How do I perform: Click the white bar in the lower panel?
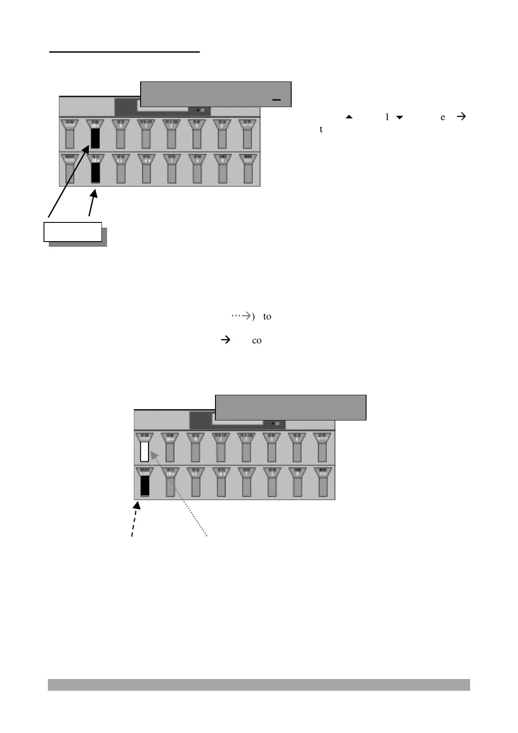[x=145, y=451]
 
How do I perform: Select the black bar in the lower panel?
[x=145, y=485]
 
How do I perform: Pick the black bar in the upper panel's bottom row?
[x=95, y=173]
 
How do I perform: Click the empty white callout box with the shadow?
[x=73, y=232]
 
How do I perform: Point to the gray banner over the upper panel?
[x=215, y=93]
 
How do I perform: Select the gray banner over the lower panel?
[x=291, y=407]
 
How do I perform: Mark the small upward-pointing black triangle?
[x=349, y=117]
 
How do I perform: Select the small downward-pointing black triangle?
[x=399, y=118]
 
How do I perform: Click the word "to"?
[x=267, y=317]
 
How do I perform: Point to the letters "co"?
[x=257, y=341]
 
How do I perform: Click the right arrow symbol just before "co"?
[x=226, y=340]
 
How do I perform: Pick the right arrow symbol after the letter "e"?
[x=462, y=117]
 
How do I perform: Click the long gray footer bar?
[x=259, y=685]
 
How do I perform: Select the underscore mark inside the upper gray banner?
[x=276, y=100]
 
